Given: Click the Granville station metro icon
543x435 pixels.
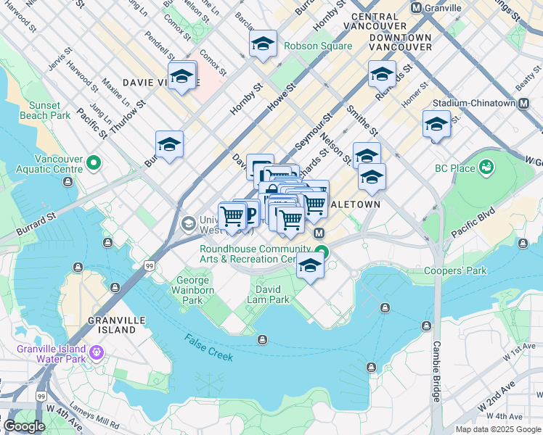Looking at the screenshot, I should [417, 8].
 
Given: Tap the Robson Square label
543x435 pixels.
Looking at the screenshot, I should [318, 46].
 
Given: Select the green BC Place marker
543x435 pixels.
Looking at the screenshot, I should [486, 167].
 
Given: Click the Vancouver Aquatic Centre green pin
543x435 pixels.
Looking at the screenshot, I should [93, 164].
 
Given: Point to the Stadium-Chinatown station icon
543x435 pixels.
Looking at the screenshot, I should [523, 104].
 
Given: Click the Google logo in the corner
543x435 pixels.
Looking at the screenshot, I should [24, 426].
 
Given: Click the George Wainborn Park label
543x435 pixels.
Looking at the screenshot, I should [192, 290].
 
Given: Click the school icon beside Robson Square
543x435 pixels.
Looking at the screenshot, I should [263, 44].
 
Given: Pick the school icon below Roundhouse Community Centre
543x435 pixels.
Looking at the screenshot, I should [310, 266].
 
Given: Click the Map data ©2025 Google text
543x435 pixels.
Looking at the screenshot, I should [497, 429].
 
